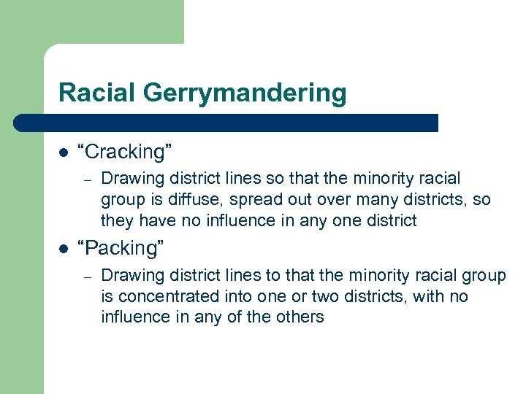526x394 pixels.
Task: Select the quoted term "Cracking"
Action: point(129,152)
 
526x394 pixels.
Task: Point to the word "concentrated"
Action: point(163,296)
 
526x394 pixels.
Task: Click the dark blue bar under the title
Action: point(226,123)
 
